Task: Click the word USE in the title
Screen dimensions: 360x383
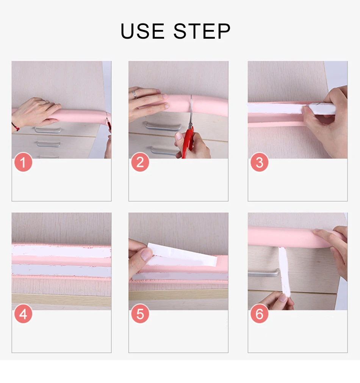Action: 143,31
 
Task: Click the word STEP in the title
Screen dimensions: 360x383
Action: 202,31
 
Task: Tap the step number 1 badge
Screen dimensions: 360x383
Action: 23,162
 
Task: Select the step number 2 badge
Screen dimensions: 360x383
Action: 140,162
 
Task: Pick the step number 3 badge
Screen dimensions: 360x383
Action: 259,162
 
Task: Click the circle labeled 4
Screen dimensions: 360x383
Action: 23,314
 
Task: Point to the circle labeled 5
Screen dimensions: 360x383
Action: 140,314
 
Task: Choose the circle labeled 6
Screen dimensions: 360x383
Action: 259,314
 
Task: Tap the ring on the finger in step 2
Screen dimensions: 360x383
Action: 134,94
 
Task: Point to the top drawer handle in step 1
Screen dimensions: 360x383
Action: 48,130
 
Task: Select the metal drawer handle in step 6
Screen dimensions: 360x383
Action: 264,273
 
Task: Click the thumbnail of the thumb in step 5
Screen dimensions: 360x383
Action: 146,254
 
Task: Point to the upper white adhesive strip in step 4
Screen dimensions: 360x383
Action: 61,251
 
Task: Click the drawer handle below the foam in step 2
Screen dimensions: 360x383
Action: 162,126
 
